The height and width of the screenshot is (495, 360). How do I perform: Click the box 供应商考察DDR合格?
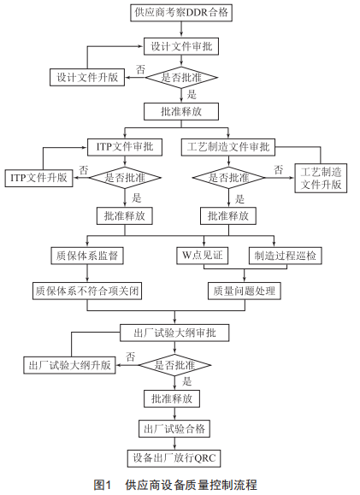181,13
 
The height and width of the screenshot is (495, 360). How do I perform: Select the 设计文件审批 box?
181,47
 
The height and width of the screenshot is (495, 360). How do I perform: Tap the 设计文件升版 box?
87,77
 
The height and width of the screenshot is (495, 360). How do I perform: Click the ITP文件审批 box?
125,147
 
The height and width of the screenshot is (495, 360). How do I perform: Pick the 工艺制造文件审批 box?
228,147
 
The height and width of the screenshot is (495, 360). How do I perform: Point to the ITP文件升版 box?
38,178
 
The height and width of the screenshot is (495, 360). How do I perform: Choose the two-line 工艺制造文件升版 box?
321,178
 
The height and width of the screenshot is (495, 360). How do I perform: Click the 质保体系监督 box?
87,256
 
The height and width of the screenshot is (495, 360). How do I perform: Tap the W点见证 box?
203,256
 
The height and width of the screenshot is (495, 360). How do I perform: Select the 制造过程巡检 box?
285,256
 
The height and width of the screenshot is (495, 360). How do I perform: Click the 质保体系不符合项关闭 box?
87,291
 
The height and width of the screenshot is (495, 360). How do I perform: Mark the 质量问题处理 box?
245,291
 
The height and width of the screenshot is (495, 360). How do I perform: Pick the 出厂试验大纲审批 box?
174,333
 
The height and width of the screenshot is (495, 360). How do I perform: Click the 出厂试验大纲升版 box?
69,365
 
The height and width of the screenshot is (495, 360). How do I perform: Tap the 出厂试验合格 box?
174,428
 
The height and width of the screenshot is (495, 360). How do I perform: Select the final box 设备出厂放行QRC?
174,458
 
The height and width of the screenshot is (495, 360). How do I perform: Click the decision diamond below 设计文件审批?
181,77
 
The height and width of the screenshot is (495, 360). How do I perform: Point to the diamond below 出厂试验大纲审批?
174,365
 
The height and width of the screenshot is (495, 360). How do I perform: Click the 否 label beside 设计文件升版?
140,69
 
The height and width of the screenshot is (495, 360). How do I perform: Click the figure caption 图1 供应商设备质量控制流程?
175,485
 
